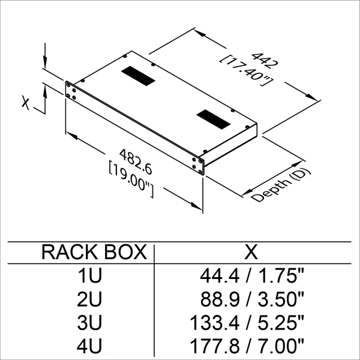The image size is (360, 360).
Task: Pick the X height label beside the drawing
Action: [x=25, y=103]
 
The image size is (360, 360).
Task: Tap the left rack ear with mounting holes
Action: [x=70, y=91]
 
